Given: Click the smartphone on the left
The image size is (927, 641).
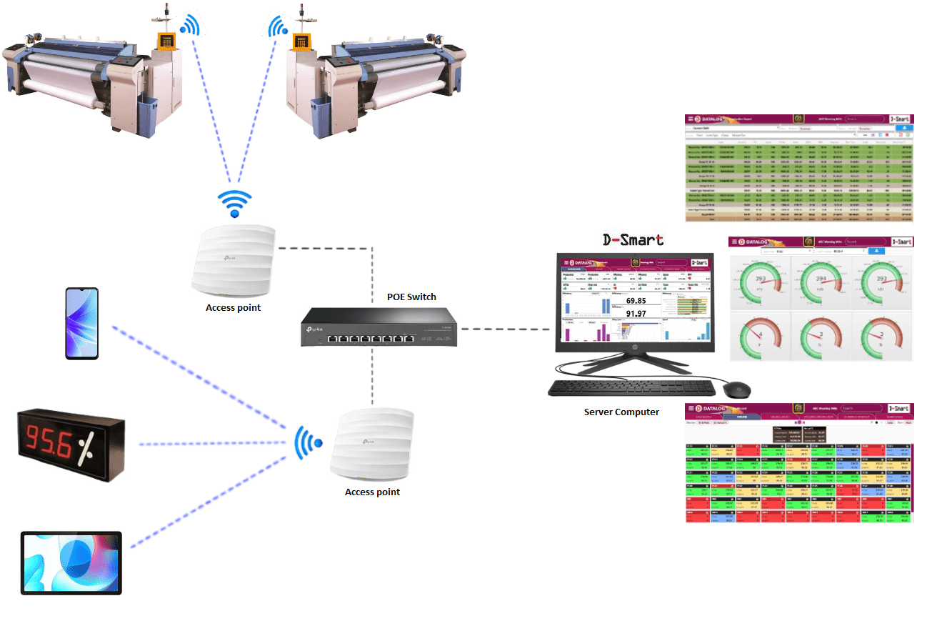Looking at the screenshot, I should pyautogui.click(x=81, y=323).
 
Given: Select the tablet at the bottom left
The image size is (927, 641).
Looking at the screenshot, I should pyautogui.click(x=71, y=562).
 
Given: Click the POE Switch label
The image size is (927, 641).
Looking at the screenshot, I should pyautogui.click(x=411, y=297).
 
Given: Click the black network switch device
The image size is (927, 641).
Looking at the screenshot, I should pyautogui.click(x=378, y=327).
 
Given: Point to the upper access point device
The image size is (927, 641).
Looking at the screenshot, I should pyautogui.click(x=233, y=258).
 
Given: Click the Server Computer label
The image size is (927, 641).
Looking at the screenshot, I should pyautogui.click(x=621, y=412).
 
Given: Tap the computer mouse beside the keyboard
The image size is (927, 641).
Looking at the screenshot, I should pyautogui.click(x=736, y=389).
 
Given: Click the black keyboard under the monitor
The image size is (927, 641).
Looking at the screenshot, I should pyautogui.click(x=631, y=388).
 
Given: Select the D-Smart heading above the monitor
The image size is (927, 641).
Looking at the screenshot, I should pyautogui.click(x=633, y=240).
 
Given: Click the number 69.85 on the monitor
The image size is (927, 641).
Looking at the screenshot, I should pyautogui.click(x=636, y=301).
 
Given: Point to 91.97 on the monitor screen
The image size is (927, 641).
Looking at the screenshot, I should pyautogui.click(x=636, y=314).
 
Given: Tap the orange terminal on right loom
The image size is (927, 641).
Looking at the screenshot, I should pyautogui.click(x=304, y=41).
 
